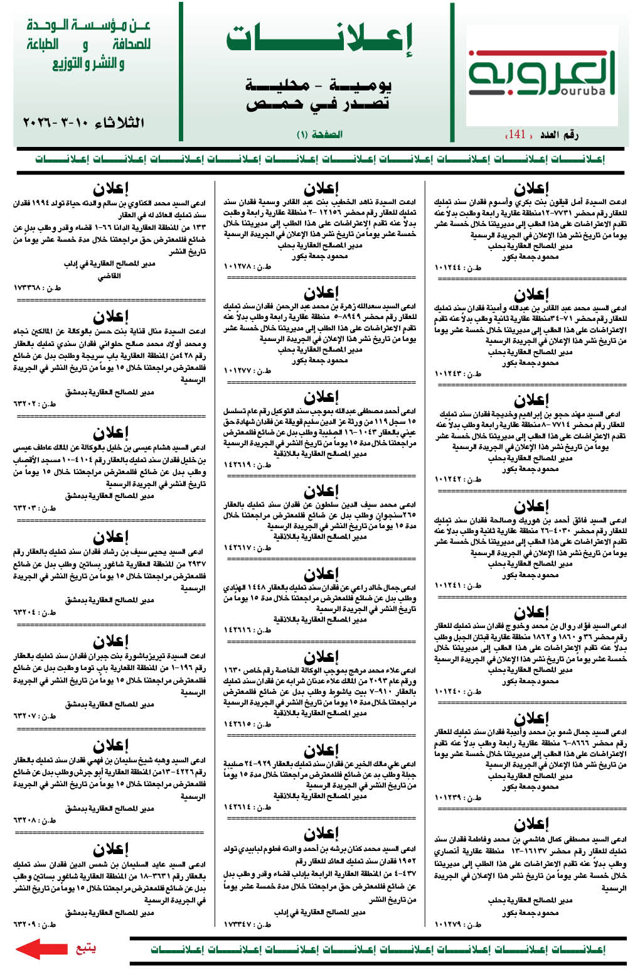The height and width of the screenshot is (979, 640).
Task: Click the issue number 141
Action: point(517,134)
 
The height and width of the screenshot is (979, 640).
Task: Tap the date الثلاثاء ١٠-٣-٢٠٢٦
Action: point(84,122)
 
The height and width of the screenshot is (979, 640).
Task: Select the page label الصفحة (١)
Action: point(319,134)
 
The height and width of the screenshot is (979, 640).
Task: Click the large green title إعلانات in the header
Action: point(319,39)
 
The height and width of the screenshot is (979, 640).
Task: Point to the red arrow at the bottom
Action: point(41,948)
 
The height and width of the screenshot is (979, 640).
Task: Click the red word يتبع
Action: point(85,948)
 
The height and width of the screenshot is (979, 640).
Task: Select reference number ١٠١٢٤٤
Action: point(457,268)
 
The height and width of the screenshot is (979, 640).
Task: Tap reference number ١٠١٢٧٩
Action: point(457,924)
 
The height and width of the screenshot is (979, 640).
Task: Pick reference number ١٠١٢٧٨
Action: point(247,266)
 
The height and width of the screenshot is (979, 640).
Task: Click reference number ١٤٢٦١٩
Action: point(247,465)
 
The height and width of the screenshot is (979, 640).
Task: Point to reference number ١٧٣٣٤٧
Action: point(247,924)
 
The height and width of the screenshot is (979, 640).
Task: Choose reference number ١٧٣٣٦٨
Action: point(37,288)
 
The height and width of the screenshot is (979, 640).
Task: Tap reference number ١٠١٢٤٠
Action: point(457,691)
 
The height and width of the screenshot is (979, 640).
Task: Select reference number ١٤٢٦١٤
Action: point(247,807)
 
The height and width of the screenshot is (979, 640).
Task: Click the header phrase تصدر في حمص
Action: point(318,104)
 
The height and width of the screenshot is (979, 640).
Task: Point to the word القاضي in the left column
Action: point(109,276)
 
